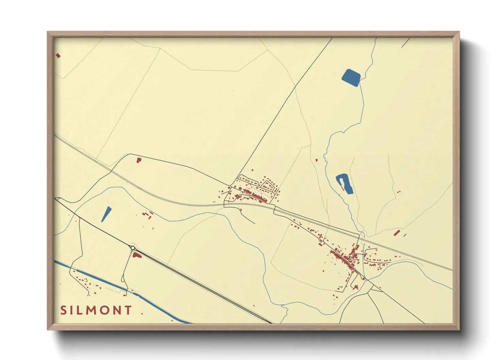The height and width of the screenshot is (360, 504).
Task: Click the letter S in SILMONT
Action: (x=63, y=310)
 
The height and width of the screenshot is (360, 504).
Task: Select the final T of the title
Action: (x=128, y=310)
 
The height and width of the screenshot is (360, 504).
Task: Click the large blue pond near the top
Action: (x=351, y=78)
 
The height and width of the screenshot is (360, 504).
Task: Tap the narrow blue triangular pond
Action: (x=106, y=214)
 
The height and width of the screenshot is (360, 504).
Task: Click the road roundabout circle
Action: (x=132, y=248)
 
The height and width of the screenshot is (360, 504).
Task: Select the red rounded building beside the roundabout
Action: (x=137, y=255)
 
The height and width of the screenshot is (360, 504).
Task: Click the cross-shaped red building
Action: (x=356, y=287)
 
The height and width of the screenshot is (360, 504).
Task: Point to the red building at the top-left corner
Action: (x=58, y=55)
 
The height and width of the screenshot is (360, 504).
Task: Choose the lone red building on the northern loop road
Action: (x=138, y=160)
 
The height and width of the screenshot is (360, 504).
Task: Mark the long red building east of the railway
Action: (x=396, y=233)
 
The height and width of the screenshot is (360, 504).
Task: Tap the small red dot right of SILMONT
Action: (x=142, y=313)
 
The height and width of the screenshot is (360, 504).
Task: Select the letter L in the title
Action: (x=79, y=310)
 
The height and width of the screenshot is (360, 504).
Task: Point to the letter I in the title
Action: (x=72, y=310)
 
